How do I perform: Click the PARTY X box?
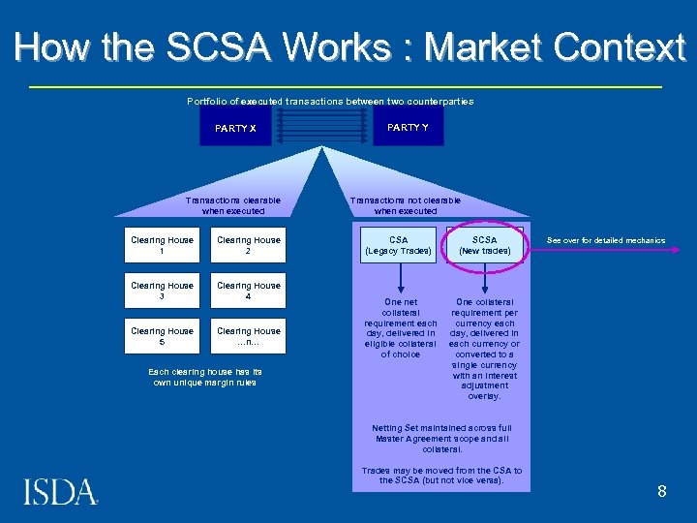click(235, 128)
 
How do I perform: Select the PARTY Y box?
click(408, 127)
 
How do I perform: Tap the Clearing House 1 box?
click(162, 245)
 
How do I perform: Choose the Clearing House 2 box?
click(249, 245)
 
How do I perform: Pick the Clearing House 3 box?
click(162, 291)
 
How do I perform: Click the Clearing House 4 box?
click(249, 291)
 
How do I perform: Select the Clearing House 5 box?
click(162, 336)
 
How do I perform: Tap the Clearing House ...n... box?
click(249, 336)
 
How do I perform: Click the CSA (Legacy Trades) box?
click(398, 245)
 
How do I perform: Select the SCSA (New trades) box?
click(484, 245)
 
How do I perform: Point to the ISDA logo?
click(60, 492)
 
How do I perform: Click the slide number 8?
click(662, 491)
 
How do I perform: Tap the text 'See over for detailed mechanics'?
click(606, 240)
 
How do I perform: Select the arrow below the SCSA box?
click(484, 279)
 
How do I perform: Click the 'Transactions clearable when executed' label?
click(232, 205)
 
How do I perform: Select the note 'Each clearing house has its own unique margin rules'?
click(205, 377)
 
